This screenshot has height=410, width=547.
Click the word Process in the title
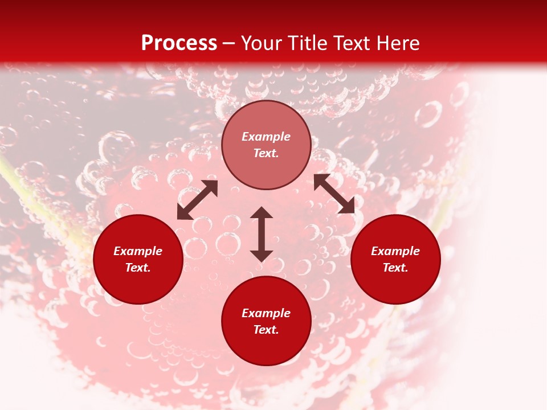click(179, 43)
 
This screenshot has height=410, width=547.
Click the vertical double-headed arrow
click(262, 234)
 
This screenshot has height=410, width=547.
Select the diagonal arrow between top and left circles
click(197, 200)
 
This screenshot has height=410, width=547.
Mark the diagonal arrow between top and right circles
click(334, 194)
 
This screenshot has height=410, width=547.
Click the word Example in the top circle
click(266, 137)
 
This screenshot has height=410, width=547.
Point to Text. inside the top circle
click(266, 153)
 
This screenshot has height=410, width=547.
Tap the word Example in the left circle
click(138, 251)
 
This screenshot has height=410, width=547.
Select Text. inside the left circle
click(138, 268)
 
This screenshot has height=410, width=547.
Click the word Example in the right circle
click(395, 251)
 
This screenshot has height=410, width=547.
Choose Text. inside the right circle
click(395, 268)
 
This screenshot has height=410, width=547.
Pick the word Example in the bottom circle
click(266, 313)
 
